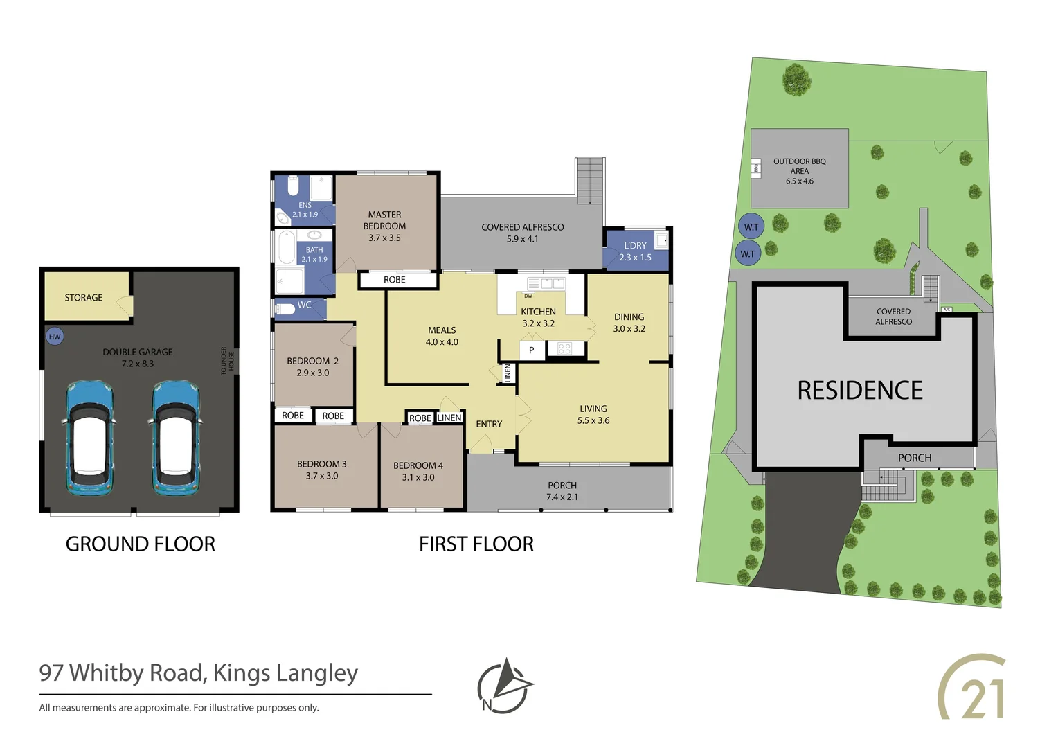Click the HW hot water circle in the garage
coord(55,337)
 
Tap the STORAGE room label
coord(84,297)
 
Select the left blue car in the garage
coord(89,437)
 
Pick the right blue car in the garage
coord(176,437)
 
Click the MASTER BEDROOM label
coord(384,220)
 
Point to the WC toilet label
coord(304,305)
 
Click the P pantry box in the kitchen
coord(531,350)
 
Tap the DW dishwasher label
coord(528,296)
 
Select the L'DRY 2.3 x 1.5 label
coord(635,251)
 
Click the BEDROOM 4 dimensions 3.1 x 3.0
coord(418,477)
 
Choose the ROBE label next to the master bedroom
coord(395,280)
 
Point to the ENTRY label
coord(489,424)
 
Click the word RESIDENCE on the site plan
coord(860,391)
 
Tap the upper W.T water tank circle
coord(751,226)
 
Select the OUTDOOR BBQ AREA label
coord(800,166)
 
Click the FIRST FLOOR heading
coord(476,544)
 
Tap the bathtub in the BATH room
coord(286,247)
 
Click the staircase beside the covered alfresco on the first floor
coord(590,181)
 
